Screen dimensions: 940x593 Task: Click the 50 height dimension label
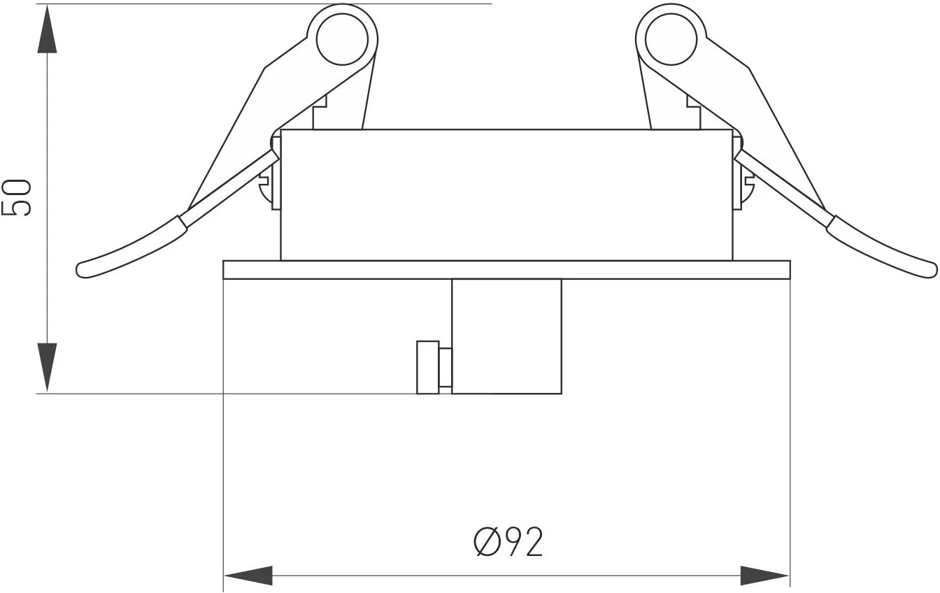(17, 198)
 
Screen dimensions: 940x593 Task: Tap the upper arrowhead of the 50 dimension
(47, 29)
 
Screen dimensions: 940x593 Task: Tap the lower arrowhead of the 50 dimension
(47, 367)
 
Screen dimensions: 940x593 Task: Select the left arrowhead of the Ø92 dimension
(248, 576)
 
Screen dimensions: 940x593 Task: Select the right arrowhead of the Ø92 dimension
(765, 576)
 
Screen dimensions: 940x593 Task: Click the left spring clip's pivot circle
(343, 41)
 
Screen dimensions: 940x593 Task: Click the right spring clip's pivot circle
(671, 41)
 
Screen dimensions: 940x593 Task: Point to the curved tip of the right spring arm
(930, 269)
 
